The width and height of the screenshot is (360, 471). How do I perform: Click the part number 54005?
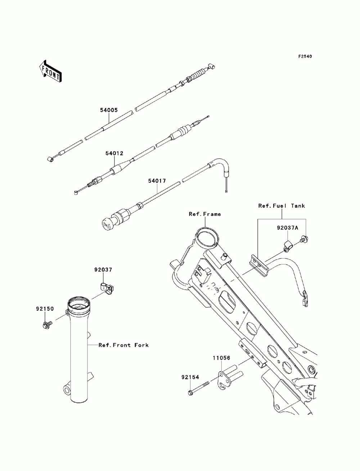tap(109, 110)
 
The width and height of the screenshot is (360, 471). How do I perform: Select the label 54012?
tap(114, 153)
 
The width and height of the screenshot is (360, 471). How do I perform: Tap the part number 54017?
tap(157, 181)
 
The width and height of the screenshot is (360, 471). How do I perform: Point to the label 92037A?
tap(287, 228)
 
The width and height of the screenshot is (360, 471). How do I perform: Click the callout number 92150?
tap(45, 309)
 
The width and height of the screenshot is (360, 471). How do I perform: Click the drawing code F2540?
tap(305, 56)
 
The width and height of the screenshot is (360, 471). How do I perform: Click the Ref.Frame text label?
tap(205, 214)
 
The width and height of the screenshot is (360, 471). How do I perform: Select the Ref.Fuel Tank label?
tap(282, 206)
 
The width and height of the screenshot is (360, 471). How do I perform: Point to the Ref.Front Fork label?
tap(123, 345)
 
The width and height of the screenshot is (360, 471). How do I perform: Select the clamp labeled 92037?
tap(107, 287)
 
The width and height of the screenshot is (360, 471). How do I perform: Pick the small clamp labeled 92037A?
tap(288, 246)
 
